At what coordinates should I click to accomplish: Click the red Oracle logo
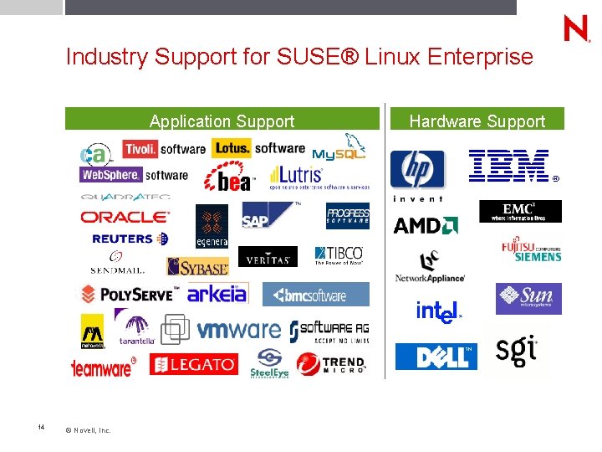point(125,217)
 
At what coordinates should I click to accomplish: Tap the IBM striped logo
point(510,166)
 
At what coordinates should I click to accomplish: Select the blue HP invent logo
point(417,172)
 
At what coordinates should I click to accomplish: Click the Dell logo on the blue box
point(436,357)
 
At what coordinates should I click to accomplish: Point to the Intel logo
point(438,311)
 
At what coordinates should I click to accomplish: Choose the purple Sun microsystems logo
point(528,299)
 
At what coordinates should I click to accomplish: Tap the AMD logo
point(425,225)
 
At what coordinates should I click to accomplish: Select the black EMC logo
point(519,211)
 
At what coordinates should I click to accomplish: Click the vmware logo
point(238,330)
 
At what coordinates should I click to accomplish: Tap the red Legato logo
point(193,365)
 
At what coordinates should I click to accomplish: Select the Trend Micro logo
point(332,364)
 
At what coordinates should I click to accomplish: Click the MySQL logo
point(339,147)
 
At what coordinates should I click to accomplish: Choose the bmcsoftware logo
point(315,295)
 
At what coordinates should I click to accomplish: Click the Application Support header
point(222,121)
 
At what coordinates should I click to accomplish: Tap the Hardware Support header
point(477,121)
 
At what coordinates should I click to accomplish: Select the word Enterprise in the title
point(479,57)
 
